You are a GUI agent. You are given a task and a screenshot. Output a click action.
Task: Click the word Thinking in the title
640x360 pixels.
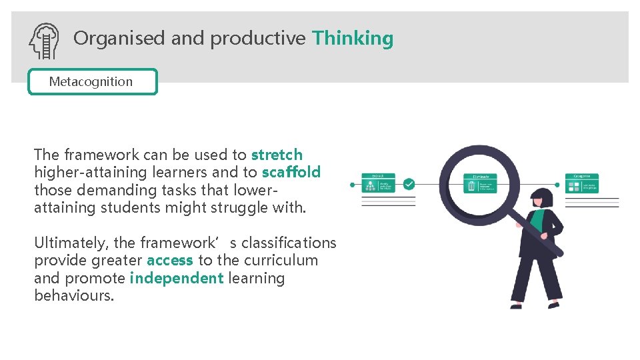point(353,39)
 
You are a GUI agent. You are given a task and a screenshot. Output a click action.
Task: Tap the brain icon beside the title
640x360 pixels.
point(44,41)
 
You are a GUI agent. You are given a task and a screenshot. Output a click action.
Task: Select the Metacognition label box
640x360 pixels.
point(93,82)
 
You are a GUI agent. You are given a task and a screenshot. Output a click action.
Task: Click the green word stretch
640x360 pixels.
point(277,155)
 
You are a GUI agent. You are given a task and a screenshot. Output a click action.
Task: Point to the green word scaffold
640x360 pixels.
point(291,172)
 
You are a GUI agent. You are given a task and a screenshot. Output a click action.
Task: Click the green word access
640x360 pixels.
point(170,260)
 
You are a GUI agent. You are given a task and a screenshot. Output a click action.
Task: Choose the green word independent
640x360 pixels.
point(177,278)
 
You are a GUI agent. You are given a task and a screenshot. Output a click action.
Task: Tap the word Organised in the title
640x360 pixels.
point(119,39)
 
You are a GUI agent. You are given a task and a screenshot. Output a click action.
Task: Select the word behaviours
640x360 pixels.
point(73,295)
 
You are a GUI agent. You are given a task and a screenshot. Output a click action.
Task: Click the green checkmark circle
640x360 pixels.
point(409,183)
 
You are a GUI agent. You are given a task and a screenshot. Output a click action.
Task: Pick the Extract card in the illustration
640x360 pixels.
point(378,183)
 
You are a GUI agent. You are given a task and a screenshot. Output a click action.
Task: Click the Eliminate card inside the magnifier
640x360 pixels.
point(480,183)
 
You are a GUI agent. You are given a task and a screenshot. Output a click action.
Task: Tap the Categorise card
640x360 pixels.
point(582,183)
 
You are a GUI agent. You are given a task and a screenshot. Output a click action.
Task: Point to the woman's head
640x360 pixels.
point(542,198)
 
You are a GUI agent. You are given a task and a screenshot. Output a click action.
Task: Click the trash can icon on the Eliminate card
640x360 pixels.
point(471,186)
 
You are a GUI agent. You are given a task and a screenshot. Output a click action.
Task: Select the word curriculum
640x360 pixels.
point(285,260)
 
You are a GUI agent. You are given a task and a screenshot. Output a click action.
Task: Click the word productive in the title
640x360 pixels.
point(258,39)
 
